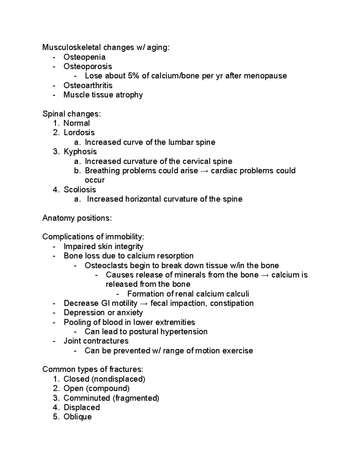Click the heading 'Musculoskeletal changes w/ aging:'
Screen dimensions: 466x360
[x=106, y=47]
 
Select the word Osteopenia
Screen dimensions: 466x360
[x=84, y=57]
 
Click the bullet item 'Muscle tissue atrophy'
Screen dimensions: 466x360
[x=103, y=95]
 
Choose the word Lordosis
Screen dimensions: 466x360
[x=79, y=133]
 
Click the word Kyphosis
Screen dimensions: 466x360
[x=80, y=152]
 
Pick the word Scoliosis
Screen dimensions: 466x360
[x=79, y=190]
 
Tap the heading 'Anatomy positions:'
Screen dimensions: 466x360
[x=77, y=218]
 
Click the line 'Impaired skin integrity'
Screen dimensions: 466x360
[x=103, y=246]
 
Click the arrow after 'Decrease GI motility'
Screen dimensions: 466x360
[x=144, y=303]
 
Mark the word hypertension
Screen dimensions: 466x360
[x=184, y=332]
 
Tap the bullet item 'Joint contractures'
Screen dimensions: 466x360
[x=96, y=341]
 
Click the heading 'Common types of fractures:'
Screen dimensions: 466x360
[x=93, y=369]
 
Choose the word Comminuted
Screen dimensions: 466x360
[x=87, y=398]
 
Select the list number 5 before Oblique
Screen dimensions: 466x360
[x=56, y=417]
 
